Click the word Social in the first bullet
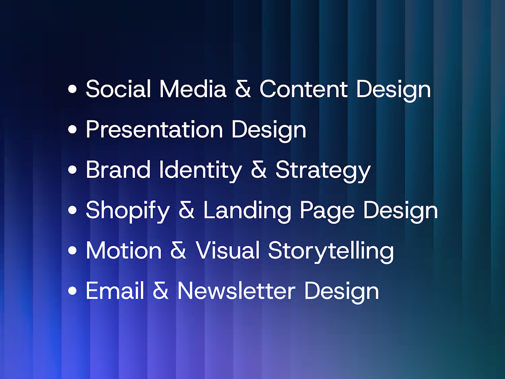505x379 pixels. [x=118, y=89]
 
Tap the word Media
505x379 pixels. [x=193, y=89]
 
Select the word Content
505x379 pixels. [x=303, y=89]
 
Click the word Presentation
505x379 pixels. [x=155, y=129]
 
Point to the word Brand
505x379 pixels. [x=118, y=169]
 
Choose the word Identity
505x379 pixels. [x=200, y=171]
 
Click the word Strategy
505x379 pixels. [x=323, y=171]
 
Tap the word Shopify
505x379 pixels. [x=128, y=212]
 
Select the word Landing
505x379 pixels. [x=247, y=212]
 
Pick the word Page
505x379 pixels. [x=327, y=212]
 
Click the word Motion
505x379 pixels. [x=124, y=250]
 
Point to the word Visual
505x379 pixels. [x=228, y=250]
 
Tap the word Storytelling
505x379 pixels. [x=331, y=252]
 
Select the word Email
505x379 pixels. [x=115, y=291]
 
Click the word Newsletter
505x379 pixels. [x=237, y=291]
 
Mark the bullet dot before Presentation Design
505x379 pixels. [x=72, y=129]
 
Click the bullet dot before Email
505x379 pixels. [x=72, y=291]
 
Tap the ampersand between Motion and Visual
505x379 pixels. [x=178, y=250]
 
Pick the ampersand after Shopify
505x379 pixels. [x=187, y=210]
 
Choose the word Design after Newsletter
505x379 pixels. [x=341, y=292]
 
